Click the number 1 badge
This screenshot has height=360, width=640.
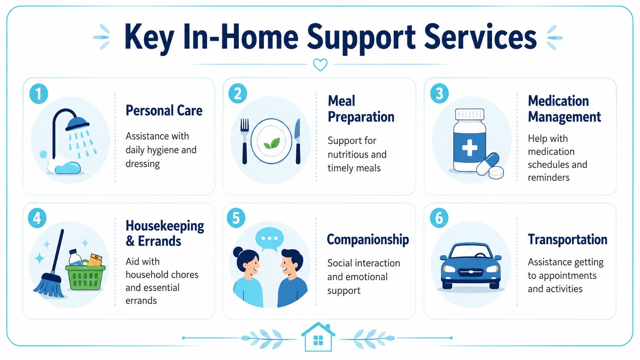(x=39, y=94)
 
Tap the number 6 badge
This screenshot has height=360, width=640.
(x=439, y=218)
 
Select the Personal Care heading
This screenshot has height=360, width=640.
(x=164, y=111)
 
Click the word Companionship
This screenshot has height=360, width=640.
(x=368, y=239)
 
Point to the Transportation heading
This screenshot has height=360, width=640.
(x=567, y=239)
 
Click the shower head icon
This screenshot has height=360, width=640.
(x=78, y=123)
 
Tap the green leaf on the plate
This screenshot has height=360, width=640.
(x=272, y=143)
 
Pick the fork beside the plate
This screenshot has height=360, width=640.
(x=245, y=141)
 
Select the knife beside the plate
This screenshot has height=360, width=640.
(x=297, y=141)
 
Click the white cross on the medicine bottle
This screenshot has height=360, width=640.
(x=469, y=148)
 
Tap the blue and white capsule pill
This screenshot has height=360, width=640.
(x=488, y=164)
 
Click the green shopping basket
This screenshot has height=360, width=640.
(x=85, y=277)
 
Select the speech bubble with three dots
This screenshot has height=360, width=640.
(x=269, y=239)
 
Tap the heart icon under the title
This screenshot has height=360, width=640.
(x=320, y=65)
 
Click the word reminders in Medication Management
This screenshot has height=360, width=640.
(x=549, y=178)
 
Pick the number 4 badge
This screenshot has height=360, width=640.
(x=37, y=218)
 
